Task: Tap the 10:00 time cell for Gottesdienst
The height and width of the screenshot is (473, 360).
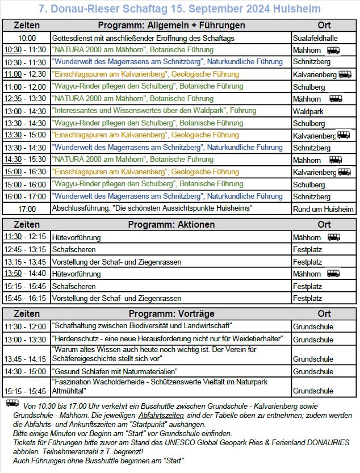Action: click(27, 37)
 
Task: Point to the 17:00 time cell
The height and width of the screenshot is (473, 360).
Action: click(27, 209)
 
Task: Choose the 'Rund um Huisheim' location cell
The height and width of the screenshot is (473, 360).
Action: click(323, 209)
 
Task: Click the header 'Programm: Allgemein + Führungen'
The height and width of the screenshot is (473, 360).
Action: click(171, 26)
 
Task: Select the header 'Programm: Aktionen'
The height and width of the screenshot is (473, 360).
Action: click(171, 225)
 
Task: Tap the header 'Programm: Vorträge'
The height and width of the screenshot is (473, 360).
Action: click(171, 314)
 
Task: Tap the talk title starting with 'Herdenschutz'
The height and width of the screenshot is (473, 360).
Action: click(167, 339)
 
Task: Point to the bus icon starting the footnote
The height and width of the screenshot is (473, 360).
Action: click(12, 403)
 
